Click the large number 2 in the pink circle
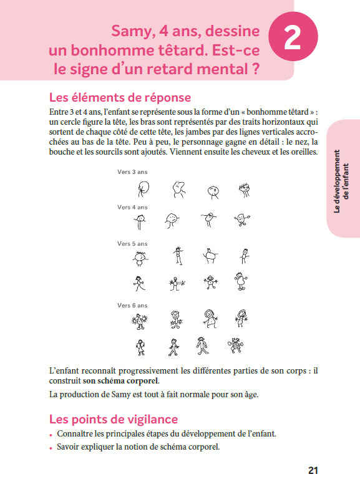[x=292, y=38]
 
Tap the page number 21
[x=313, y=470]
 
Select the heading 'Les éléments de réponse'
[x=120, y=98]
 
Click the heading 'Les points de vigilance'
[x=113, y=419]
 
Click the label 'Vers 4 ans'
[x=132, y=207]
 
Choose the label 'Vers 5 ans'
[x=132, y=244]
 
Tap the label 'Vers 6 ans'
[x=132, y=306]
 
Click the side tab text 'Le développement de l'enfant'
[x=342, y=181]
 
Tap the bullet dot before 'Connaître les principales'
[x=51, y=434]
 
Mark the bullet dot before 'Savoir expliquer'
[x=51, y=448]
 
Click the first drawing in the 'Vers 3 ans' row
[x=145, y=188]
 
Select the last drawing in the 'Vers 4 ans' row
[x=241, y=220]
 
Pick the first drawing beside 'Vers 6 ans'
[x=139, y=321]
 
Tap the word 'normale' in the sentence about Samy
[x=189, y=394]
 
